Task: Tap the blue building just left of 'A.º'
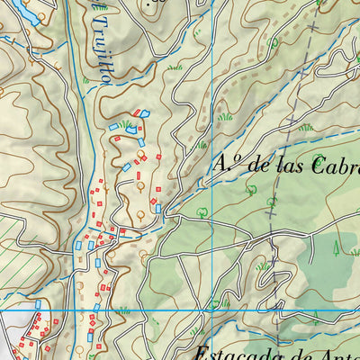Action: pos(158,208)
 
